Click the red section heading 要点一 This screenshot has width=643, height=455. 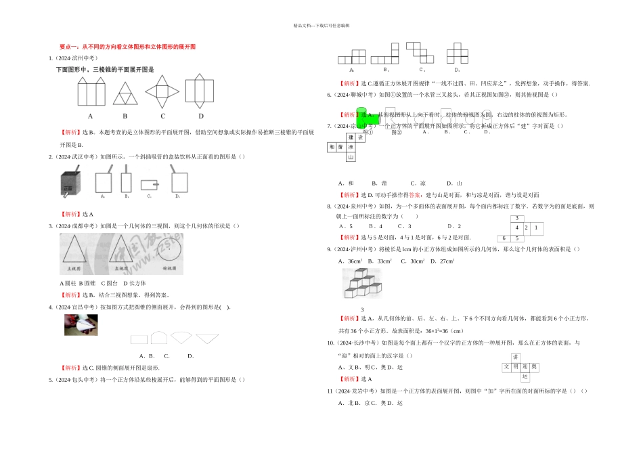pyautogui.click(x=127, y=47)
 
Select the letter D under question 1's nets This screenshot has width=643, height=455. pyautogui.click(x=201, y=116)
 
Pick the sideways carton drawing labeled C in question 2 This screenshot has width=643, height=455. pyautogui.click(x=149, y=183)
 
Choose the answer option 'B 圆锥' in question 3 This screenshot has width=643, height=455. pyautogui.click(x=87, y=283)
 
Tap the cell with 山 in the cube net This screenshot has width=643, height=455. pyautogui.click(x=351, y=158)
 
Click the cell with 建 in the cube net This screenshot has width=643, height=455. pyautogui.click(x=351, y=137)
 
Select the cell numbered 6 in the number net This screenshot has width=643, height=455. pyautogui.click(x=504, y=238)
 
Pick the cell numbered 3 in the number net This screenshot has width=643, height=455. pyautogui.click(x=517, y=218)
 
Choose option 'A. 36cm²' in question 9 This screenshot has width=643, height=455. pyautogui.click(x=352, y=261)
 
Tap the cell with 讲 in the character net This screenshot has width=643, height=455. pyautogui.click(x=516, y=357)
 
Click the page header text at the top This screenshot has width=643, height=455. pyautogui.click(x=321, y=25)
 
